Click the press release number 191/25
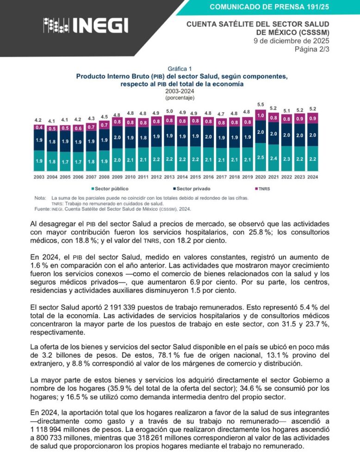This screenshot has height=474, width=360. (269, 7)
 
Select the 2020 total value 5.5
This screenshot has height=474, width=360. (261, 105)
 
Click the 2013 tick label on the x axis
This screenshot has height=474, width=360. (169, 177)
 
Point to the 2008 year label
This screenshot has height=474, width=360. (105, 177)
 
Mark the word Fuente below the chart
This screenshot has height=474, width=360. (42, 209)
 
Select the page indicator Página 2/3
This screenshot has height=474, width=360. (311, 50)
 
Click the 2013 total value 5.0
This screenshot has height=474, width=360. (170, 111)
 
